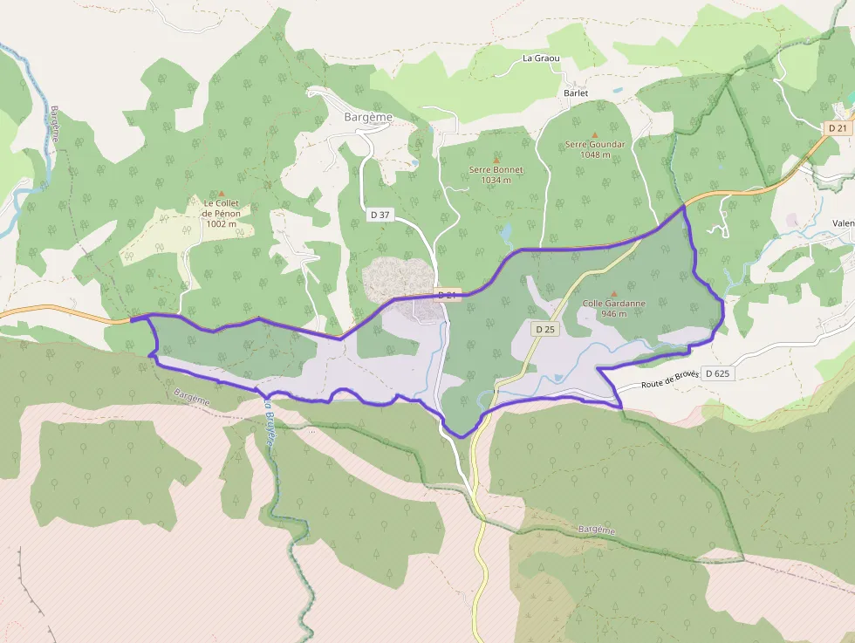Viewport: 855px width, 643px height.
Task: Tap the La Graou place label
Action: (x=540, y=58)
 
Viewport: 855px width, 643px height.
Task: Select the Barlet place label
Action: (x=576, y=92)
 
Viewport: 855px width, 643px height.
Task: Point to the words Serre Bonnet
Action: (x=496, y=169)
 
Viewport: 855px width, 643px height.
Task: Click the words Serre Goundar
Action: (x=594, y=144)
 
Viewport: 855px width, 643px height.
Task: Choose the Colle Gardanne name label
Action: (x=613, y=304)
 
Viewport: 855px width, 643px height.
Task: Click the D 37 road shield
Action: (x=380, y=215)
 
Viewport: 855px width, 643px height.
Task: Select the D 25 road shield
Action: (x=545, y=329)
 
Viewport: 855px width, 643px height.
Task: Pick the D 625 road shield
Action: (x=717, y=373)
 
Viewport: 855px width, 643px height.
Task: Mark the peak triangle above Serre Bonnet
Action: (x=496, y=159)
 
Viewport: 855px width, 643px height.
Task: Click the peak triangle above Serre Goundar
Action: (x=594, y=133)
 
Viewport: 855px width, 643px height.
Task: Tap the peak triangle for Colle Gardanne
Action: (x=613, y=293)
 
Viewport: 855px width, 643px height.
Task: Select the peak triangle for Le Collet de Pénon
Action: (x=221, y=193)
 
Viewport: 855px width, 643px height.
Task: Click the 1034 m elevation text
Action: (x=496, y=181)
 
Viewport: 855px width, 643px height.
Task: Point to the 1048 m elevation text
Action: (x=594, y=154)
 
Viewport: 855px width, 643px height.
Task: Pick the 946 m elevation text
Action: (x=613, y=314)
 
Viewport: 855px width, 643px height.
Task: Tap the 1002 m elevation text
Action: (x=221, y=223)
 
